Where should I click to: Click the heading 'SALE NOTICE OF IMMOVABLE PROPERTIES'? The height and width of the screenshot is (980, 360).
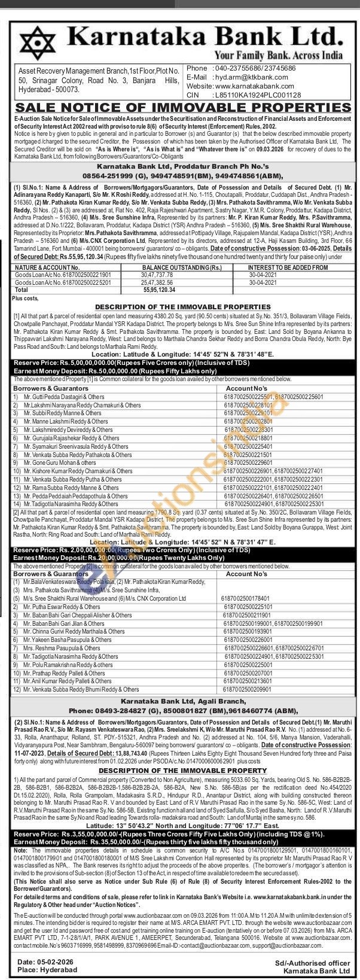pos(179,108)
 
